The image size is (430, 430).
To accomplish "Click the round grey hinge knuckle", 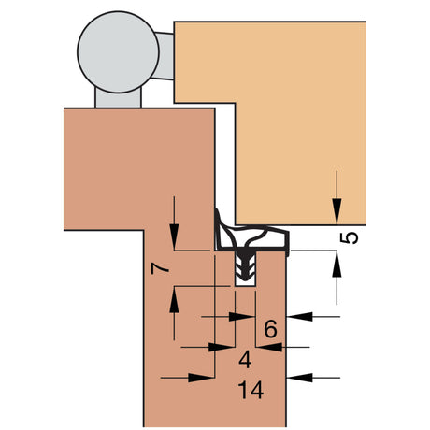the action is [118, 52].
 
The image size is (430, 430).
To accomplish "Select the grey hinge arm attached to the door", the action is [165, 56].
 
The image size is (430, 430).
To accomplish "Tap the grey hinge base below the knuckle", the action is [118, 99].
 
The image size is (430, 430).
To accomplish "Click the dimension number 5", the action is [349, 238].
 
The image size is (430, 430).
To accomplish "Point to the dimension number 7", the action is [160, 268].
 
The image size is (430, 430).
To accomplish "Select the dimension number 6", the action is [270, 329].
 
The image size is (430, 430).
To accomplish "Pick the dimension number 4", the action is [245, 360].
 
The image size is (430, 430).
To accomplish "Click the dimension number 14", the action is [251, 390].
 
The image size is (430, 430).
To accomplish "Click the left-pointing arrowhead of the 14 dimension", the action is [300, 378].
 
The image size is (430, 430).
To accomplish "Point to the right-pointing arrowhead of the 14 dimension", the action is [201, 378].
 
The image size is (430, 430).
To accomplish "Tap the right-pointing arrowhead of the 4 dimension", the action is [222, 347].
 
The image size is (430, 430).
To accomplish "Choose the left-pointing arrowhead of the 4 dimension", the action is [269, 347].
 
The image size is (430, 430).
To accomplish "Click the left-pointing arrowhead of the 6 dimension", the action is [300, 317].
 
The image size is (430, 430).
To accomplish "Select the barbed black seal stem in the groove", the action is [245, 265].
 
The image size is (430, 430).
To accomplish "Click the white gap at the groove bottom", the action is [245, 282].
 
